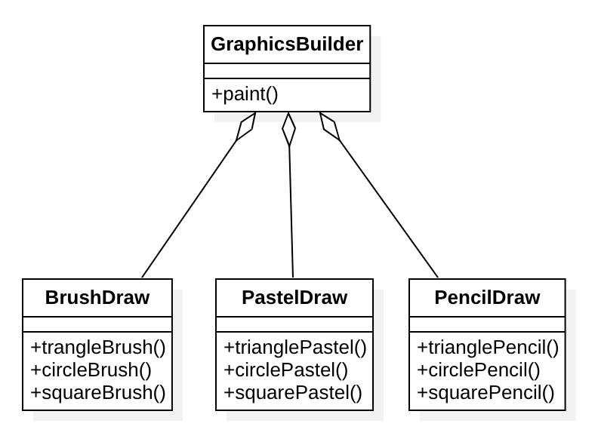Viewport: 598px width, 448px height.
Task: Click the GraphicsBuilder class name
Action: pos(287,44)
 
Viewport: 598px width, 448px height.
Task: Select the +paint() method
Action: pos(245,94)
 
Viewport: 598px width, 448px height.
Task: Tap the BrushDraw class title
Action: pos(97,297)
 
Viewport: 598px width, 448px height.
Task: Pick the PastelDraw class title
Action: pos(294,297)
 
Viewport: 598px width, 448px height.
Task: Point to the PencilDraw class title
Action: pos(487,297)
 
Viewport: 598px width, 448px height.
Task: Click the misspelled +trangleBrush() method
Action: pos(98,348)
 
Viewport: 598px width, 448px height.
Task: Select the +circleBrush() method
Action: pos(91,370)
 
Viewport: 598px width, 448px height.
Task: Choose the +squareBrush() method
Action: pos(98,392)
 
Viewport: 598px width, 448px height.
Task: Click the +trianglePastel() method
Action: pos(295,348)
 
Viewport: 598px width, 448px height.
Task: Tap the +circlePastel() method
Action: pos(286,370)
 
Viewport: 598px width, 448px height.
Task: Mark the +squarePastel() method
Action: pos(293,392)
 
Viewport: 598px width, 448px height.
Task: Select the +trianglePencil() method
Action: pos(488,348)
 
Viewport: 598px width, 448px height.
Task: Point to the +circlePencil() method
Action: pos(479,370)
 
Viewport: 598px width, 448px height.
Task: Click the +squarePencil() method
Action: pos(485,392)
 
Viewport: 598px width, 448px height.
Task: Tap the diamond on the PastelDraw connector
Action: pos(288,129)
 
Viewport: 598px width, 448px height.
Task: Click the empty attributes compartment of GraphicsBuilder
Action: pos(287,71)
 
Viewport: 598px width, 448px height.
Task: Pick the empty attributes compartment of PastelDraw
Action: pos(294,324)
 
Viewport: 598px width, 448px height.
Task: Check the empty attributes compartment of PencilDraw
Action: pos(487,324)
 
